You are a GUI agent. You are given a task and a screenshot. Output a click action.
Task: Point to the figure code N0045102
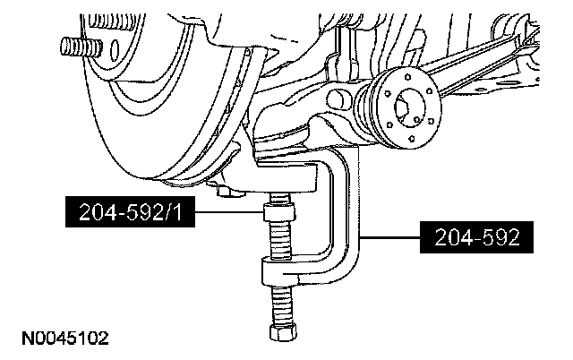click(x=60, y=339)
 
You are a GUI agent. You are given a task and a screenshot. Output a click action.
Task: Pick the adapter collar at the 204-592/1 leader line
click(x=275, y=214)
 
